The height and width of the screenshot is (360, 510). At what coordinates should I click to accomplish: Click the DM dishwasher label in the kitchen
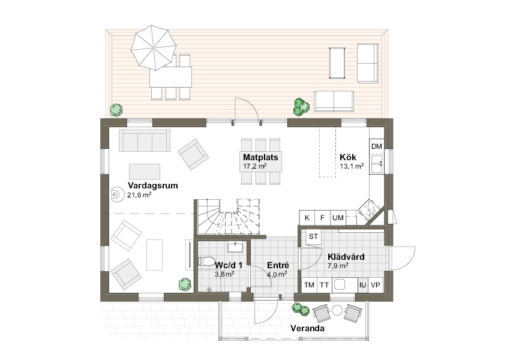[x=377, y=146]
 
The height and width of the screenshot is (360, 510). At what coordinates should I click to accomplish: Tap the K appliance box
[x=307, y=218]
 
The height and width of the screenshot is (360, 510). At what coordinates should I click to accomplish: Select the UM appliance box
[x=338, y=218]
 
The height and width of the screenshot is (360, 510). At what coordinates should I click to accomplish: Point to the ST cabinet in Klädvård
[x=314, y=236]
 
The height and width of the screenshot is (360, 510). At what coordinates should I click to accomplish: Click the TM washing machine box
[x=310, y=285]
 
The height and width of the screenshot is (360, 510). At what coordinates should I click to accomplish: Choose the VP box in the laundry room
[x=376, y=285]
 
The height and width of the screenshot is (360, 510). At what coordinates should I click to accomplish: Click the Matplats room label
[x=260, y=157]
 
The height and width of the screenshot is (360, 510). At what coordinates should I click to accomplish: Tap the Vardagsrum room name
[x=153, y=185]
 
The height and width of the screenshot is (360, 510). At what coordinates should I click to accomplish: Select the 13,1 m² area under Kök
[x=352, y=166]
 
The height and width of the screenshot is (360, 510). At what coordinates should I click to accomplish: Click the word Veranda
[x=307, y=328]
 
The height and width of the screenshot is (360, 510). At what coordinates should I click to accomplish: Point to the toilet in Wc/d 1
[x=206, y=262]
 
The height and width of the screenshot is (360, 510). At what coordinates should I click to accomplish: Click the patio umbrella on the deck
[x=153, y=47]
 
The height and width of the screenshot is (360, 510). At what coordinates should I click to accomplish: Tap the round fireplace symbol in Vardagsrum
[x=116, y=195]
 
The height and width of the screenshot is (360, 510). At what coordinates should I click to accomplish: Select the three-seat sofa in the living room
[x=145, y=140]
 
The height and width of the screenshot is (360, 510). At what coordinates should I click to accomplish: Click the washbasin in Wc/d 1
[x=235, y=247]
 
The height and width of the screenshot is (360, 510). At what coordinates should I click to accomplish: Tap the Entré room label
[x=278, y=265]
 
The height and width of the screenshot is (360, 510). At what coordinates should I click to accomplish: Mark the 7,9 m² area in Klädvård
[x=338, y=266]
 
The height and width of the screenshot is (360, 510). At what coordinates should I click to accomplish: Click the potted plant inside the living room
[x=185, y=284]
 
